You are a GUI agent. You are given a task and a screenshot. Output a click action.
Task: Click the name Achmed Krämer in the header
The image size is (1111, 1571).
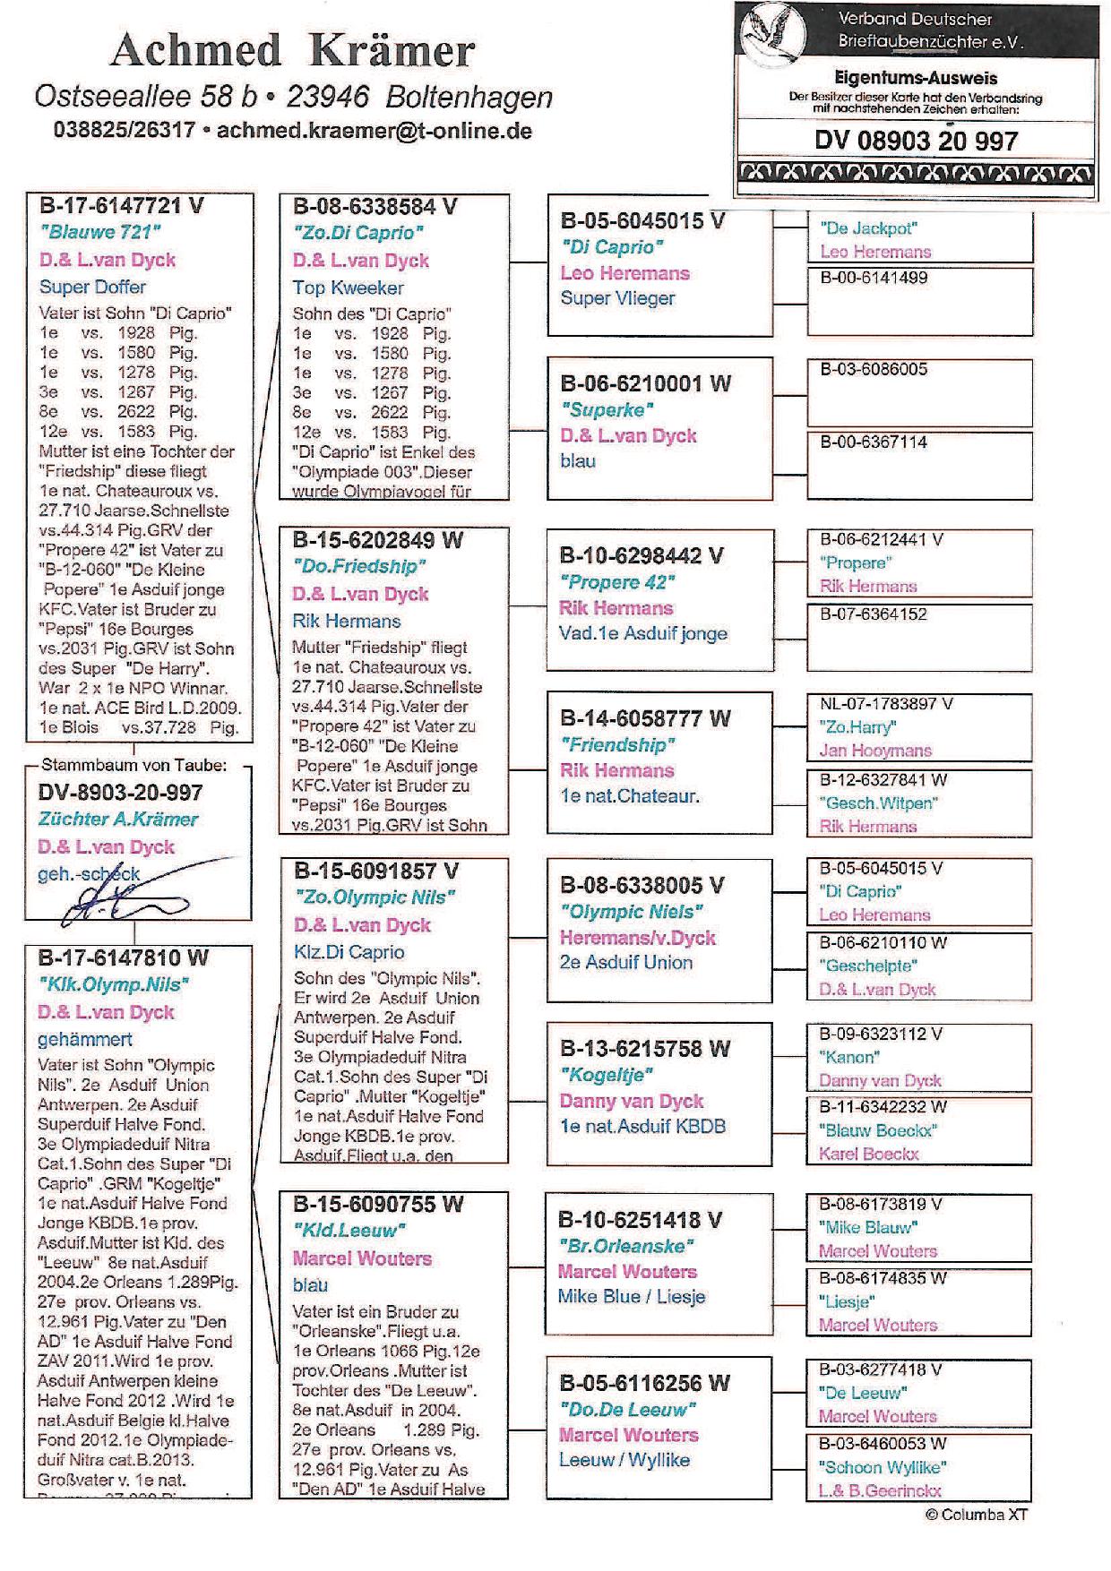click(292, 51)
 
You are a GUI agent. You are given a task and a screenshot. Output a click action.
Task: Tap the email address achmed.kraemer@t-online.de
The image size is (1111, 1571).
click(375, 131)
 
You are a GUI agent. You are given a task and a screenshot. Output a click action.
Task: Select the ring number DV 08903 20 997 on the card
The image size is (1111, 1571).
click(916, 142)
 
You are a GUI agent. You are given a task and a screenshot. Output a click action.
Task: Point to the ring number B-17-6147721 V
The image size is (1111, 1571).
click(122, 205)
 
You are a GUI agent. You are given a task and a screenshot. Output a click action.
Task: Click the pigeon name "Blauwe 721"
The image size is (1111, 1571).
click(100, 232)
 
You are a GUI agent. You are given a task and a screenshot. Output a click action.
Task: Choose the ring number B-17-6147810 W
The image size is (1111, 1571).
click(123, 957)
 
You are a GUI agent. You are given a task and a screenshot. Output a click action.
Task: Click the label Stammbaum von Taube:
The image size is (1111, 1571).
click(134, 765)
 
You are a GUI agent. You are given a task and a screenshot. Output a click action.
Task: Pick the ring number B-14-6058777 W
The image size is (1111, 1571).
click(645, 718)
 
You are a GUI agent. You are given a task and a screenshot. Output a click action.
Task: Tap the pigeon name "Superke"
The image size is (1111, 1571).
click(607, 409)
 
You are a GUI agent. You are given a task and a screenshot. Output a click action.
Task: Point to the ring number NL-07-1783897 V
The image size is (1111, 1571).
click(886, 704)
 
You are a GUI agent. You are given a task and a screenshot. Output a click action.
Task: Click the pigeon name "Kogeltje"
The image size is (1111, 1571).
click(607, 1074)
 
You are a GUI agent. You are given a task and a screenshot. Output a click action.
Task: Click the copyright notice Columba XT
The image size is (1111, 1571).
click(977, 1515)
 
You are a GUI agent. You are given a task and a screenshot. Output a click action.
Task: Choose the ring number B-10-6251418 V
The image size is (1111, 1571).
click(640, 1220)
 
